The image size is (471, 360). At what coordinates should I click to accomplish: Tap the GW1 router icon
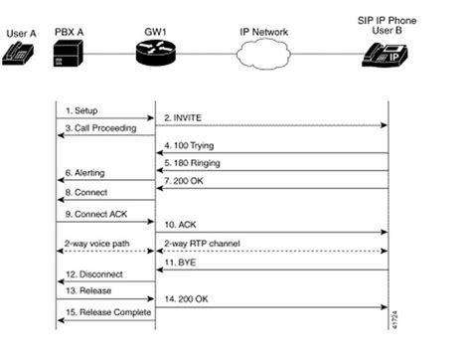pyautogui.click(x=155, y=53)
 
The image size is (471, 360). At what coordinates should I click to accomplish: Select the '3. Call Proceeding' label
pyautogui.click(x=100, y=130)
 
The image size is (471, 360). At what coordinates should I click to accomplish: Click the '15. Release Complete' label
pyautogui.click(x=106, y=313)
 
